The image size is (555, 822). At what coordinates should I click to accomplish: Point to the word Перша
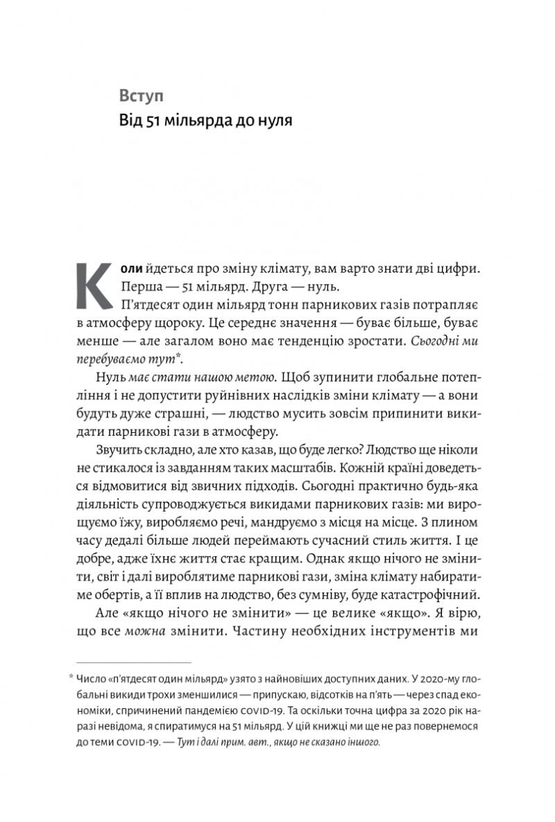pos(138,286)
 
